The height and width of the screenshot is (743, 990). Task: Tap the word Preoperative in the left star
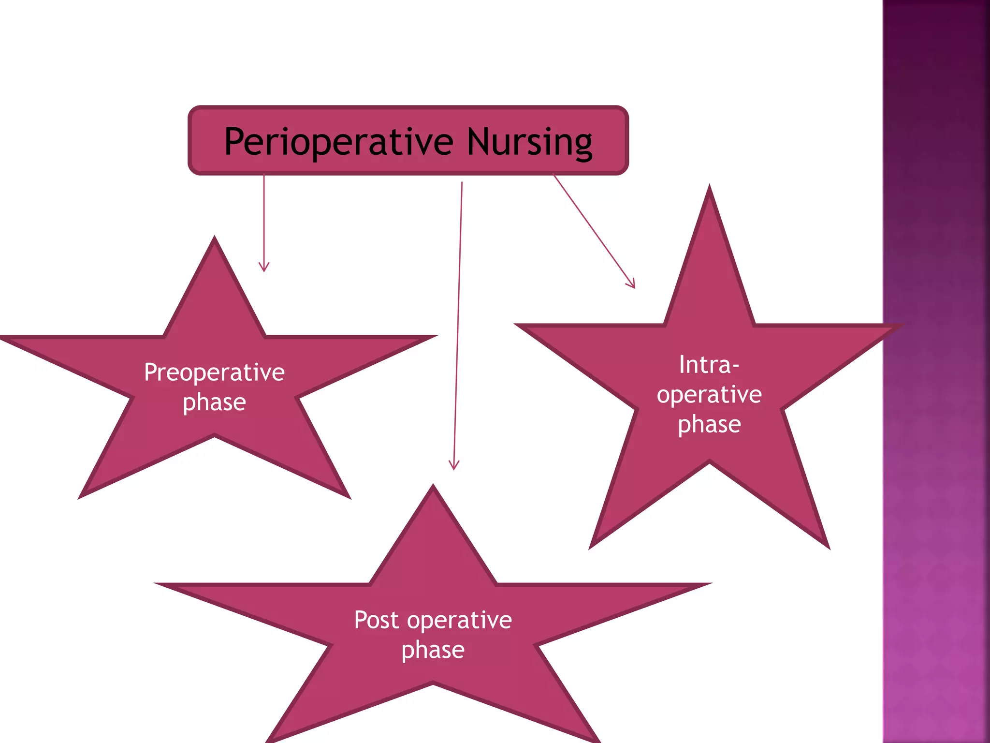[x=214, y=372]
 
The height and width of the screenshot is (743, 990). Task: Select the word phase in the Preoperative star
[x=214, y=402]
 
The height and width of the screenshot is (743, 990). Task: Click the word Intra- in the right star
[x=709, y=365]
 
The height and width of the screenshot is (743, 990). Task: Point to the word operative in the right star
[x=709, y=395]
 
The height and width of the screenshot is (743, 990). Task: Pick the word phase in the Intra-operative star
[x=709, y=425]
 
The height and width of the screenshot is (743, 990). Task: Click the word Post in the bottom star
[x=377, y=620]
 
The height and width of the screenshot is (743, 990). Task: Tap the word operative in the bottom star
[x=459, y=620]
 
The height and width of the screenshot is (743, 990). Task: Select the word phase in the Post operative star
[x=433, y=650]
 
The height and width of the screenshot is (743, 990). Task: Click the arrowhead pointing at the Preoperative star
[x=264, y=267]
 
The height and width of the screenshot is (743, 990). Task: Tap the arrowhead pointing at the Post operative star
[x=453, y=465]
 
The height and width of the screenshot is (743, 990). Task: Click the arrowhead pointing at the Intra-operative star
[x=631, y=284]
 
